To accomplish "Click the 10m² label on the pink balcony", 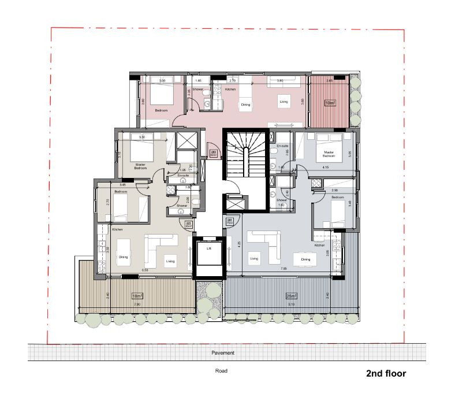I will (329, 103).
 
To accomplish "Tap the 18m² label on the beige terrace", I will (137, 296).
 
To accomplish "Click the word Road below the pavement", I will (222, 371).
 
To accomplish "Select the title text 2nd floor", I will (386, 374).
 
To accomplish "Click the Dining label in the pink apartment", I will (245, 105).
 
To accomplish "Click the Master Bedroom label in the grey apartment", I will (329, 154).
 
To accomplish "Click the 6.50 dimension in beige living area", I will (145, 270).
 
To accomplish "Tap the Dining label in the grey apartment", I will (305, 259).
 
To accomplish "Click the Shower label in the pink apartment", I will (199, 90).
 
